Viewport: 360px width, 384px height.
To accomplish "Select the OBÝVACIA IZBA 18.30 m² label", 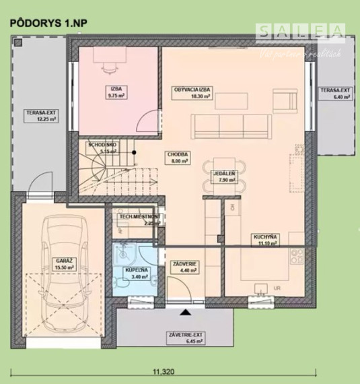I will pyautogui.click(x=192, y=93).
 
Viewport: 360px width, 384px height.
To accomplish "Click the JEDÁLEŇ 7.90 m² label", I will pyautogui.click(x=224, y=177).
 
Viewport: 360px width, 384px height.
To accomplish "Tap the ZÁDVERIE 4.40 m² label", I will pyautogui.click(x=184, y=267).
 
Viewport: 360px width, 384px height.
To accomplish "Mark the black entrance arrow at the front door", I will pyautogui.click(x=185, y=311).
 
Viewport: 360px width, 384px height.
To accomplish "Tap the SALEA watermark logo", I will pyautogui.click(x=301, y=31).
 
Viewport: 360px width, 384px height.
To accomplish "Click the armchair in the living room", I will pyautogui.click(x=288, y=100).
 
